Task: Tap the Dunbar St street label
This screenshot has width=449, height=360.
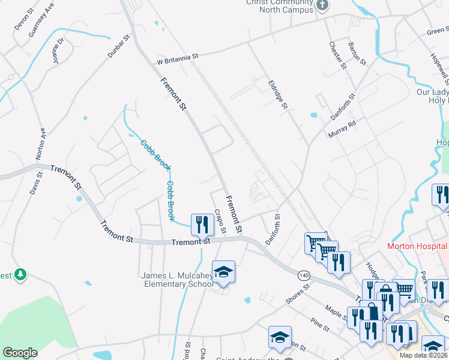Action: tap(119, 46)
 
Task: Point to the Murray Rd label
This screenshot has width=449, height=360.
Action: tap(342, 129)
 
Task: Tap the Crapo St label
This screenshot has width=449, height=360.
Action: tap(219, 221)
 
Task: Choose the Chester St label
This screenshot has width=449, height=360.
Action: tap(338, 55)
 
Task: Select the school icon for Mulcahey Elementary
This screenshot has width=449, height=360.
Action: tap(223, 272)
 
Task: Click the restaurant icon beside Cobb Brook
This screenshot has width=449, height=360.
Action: tap(202, 224)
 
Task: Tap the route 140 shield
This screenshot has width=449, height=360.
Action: tap(304, 274)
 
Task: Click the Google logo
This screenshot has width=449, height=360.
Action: tap(20, 353)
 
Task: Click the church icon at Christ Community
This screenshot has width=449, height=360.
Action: tap(323, 6)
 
